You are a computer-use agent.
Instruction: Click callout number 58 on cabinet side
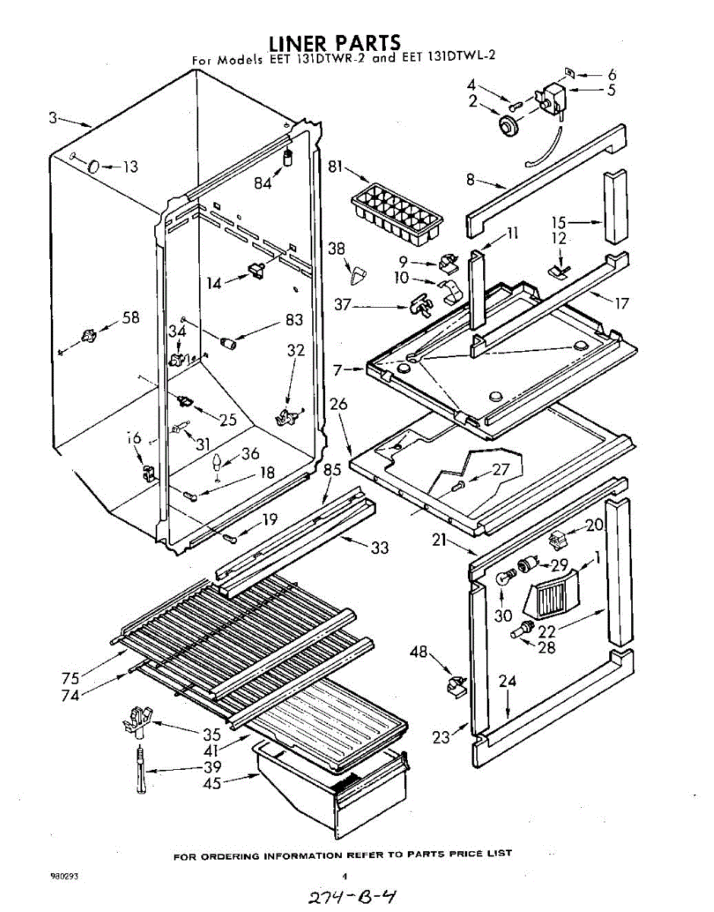pos(131,318)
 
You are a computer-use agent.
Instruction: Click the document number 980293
pos(65,876)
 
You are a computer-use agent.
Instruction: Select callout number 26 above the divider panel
pos(339,404)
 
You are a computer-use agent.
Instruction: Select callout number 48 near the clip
pos(419,651)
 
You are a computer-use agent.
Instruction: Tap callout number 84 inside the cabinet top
pos(263,183)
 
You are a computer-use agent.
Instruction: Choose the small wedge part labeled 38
pos(355,269)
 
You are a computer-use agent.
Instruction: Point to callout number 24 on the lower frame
pos(507,681)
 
